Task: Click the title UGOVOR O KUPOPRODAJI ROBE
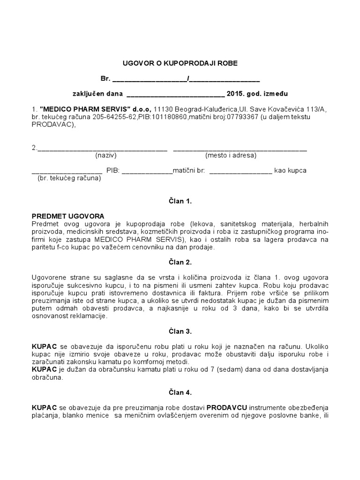coord(180,62)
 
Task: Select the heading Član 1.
coord(180,201)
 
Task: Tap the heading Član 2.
coord(180,262)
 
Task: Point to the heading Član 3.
coord(180,331)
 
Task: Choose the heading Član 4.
coord(180,392)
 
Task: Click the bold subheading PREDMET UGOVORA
coord(67,216)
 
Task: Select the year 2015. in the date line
coord(236,93)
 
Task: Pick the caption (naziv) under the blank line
coord(105,155)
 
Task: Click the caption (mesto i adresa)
coord(231,155)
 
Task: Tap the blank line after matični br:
coord(240,171)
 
